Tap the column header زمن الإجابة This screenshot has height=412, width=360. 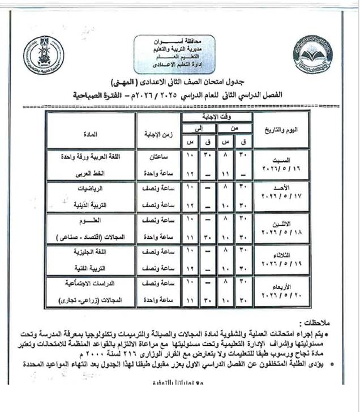(157, 134)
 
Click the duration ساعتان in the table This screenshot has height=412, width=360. (157, 155)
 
